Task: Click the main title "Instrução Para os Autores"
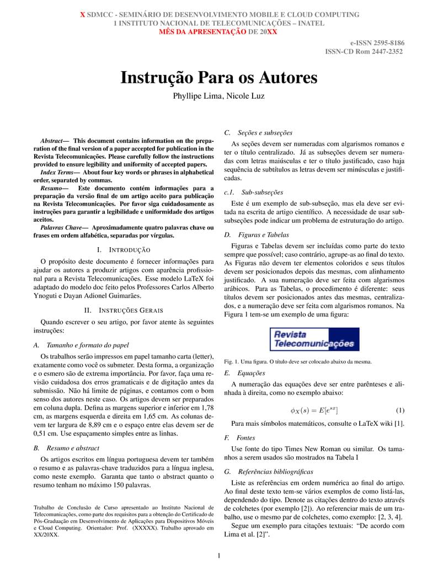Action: [219, 78]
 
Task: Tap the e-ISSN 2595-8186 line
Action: [377, 42]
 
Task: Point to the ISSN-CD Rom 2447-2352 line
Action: [364, 51]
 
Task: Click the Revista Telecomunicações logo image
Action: [314, 339]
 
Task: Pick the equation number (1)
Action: [400, 410]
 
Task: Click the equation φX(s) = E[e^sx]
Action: [314, 410]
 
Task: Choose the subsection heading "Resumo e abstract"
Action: [71, 448]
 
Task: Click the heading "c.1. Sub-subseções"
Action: [253, 192]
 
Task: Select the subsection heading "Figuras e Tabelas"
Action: [255, 234]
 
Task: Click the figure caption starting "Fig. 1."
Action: [297, 362]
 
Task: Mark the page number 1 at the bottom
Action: [219, 555]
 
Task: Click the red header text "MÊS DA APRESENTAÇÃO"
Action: [202, 32]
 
